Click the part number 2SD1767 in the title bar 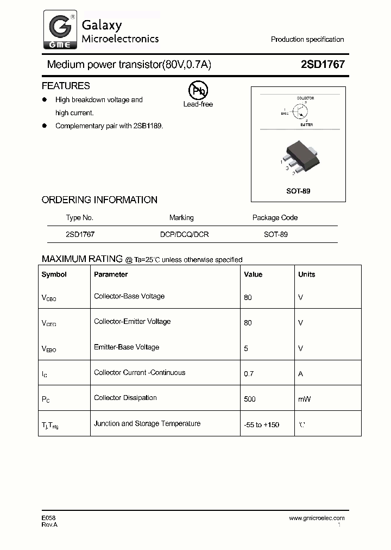(323, 65)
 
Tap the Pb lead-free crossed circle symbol (198, 91)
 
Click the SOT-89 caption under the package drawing (298, 191)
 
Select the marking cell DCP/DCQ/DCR (184, 234)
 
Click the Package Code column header (275, 217)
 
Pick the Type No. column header (80, 217)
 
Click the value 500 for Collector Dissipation (250, 399)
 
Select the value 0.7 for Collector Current (249, 374)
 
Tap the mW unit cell (304, 399)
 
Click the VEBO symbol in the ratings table (49, 348)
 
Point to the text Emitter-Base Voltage (127, 347)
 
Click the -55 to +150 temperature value (261, 424)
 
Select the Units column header (306, 274)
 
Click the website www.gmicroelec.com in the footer (317, 518)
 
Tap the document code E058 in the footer (48, 518)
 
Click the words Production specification (307, 40)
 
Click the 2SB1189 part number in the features (148, 126)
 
